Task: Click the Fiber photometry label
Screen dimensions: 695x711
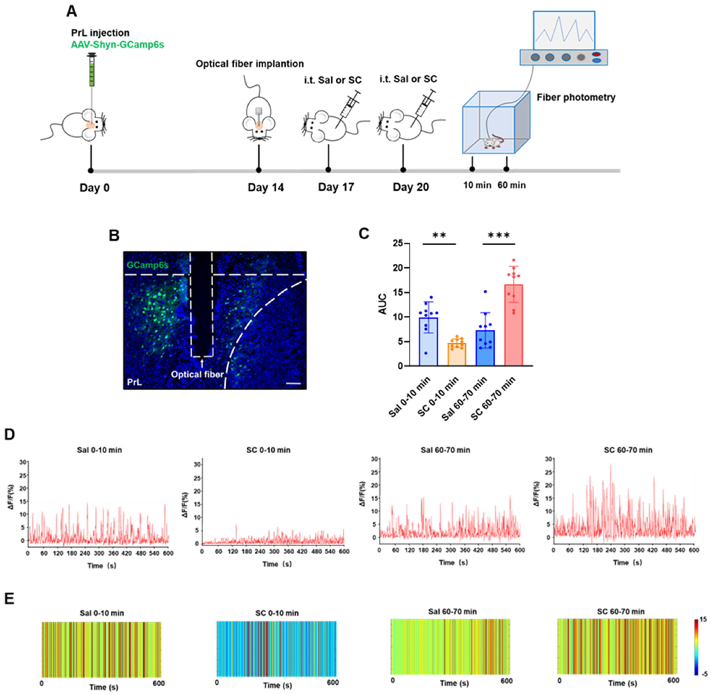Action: [576, 97]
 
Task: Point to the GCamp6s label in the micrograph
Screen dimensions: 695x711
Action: [148, 265]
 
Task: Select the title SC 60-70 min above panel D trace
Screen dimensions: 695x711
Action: [628, 450]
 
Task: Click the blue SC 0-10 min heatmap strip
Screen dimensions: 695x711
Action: [276, 649]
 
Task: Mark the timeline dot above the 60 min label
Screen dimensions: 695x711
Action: [506, 169]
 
